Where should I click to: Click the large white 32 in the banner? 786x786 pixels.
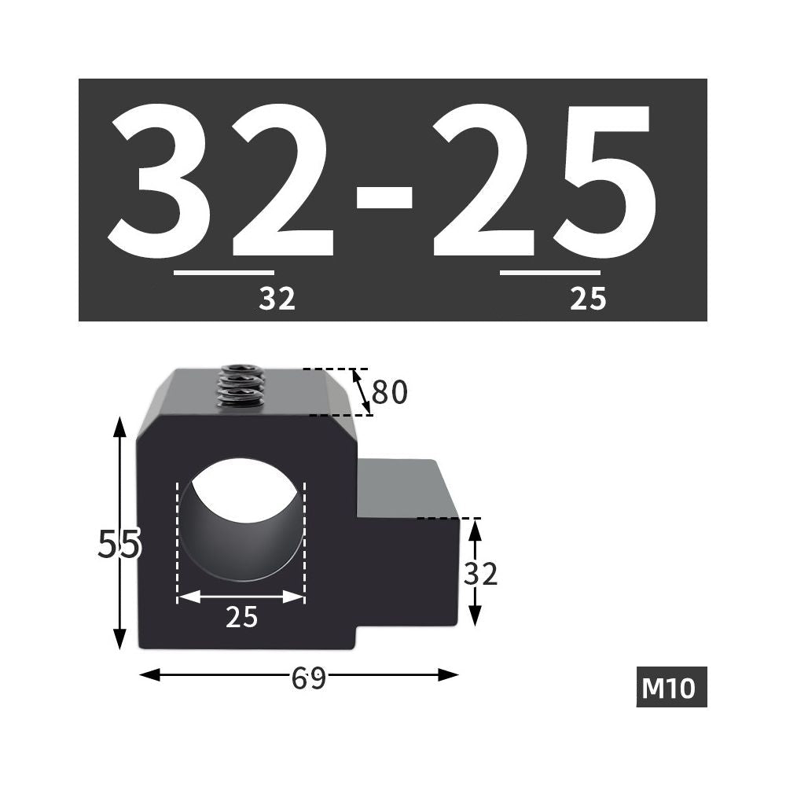221,179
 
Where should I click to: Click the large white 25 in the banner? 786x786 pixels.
544,179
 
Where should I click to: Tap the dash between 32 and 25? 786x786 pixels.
384,197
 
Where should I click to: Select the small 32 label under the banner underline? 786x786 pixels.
277,299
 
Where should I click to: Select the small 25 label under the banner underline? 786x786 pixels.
588,299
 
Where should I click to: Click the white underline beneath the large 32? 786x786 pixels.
224,273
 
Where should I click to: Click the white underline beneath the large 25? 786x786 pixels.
550,273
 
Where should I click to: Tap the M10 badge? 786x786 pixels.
672,687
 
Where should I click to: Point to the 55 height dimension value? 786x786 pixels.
119,544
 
